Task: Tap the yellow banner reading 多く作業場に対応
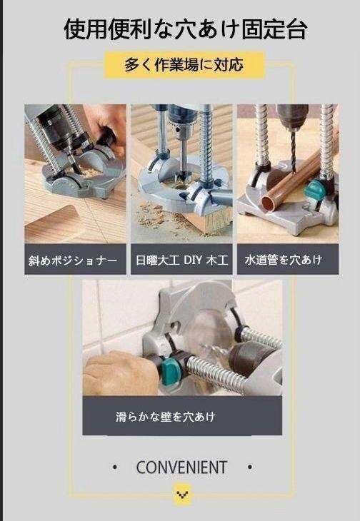[184, 65]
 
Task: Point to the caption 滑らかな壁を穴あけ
[165, 416]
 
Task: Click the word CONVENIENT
[181, 468]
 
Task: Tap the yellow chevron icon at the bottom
[183, 493]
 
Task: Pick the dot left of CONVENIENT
[115, 468]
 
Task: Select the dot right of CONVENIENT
[249, 468]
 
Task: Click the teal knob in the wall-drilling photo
[171, 368]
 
